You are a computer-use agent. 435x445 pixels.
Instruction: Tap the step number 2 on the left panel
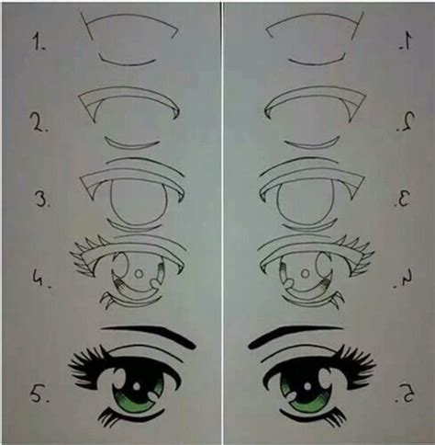click(x=39, y=121)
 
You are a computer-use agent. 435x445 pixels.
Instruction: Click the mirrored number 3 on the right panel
click(x=403, y=198)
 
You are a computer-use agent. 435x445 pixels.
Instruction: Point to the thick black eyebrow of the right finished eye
click(x=287, y=333)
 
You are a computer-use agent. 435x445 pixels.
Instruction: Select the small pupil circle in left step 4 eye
click(x=139, y=273)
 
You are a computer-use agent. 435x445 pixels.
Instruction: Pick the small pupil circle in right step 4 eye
click(x=305, y=273)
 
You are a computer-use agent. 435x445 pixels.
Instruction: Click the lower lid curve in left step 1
click(x=128, y=64)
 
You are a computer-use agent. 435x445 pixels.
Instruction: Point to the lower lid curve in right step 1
click(x=317, y=64)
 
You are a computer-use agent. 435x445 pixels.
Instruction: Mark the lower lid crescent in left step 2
click(x=131, y=146)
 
